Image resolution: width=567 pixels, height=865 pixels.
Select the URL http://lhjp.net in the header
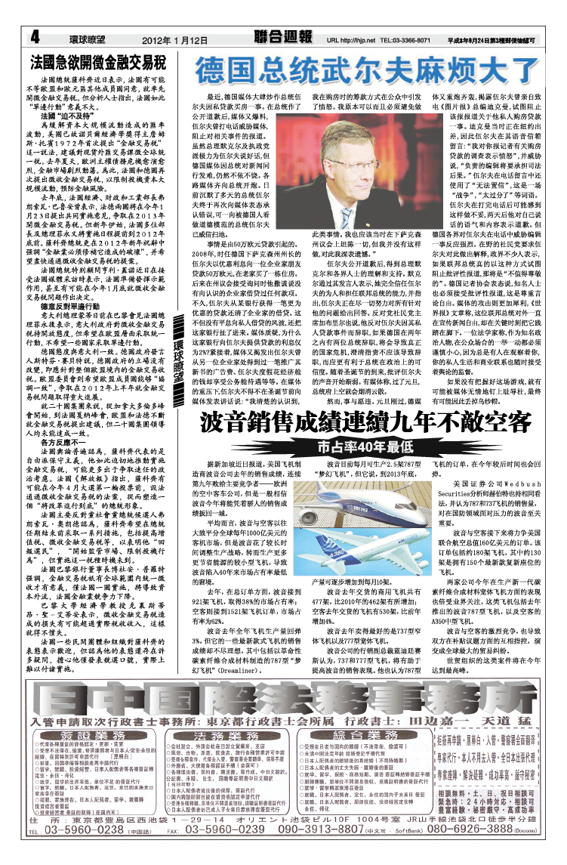point(350,39)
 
